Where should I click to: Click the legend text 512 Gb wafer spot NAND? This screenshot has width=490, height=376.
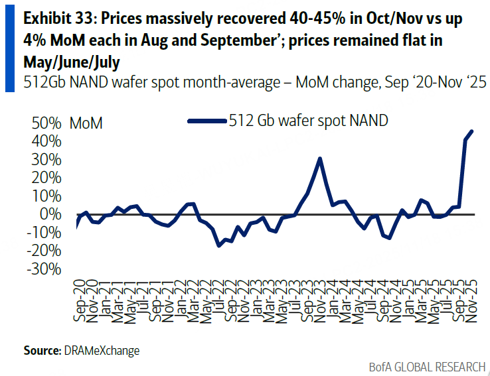coord(308,120)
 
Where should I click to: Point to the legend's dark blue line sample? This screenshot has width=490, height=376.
coord(206,121)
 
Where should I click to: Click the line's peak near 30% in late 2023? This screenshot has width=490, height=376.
coord(320,158)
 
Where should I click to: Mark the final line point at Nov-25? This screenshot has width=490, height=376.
coord(472,131)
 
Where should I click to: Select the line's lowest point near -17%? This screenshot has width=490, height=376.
coord(218,245)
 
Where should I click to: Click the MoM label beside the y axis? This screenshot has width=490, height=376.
coord(86,123)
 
